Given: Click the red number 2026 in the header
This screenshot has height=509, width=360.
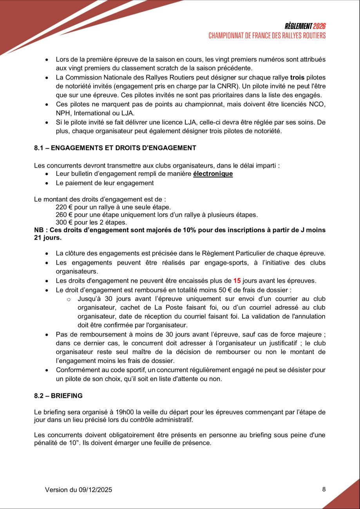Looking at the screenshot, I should pos(319,27).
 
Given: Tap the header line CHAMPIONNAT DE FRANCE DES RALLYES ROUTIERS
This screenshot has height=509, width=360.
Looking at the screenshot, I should pos(267,36).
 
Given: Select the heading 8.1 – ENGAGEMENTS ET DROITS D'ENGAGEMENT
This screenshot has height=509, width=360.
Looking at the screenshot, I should pos(115,148).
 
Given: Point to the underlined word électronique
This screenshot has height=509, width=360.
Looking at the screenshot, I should pos(213,174).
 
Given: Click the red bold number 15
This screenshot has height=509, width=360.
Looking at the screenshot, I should pos(237,281).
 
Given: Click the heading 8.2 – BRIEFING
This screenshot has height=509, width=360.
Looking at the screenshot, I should pos(58,396).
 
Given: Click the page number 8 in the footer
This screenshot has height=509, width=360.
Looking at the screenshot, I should pos(324,489).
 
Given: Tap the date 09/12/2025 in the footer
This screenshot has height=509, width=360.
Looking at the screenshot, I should pos(95,490).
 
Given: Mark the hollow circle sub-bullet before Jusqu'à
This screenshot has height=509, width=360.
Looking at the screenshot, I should pos(69,300).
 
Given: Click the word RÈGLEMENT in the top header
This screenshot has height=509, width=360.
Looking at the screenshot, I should pos(298,27).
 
